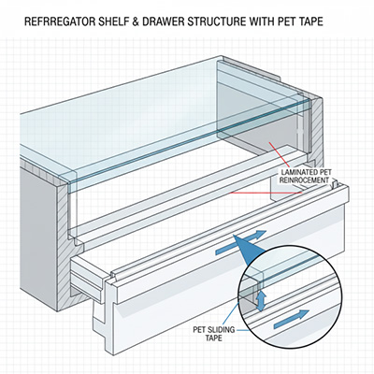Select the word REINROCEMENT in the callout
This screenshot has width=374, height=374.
(304, 180)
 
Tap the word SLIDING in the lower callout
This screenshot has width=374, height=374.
(223, 330)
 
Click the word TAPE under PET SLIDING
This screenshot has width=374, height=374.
(213, 338)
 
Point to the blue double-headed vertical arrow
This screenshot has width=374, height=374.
(261, 301)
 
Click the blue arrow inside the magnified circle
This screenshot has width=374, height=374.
(292, 320)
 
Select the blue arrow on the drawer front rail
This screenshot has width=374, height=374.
(240, 243)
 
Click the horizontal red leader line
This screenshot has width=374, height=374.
(266, 193)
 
